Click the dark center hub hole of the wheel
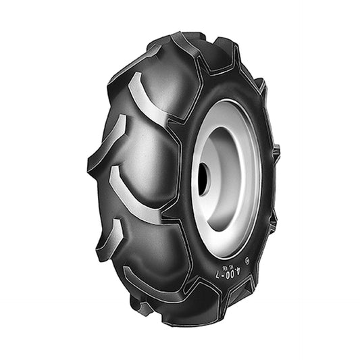click(x=203, y=179)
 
